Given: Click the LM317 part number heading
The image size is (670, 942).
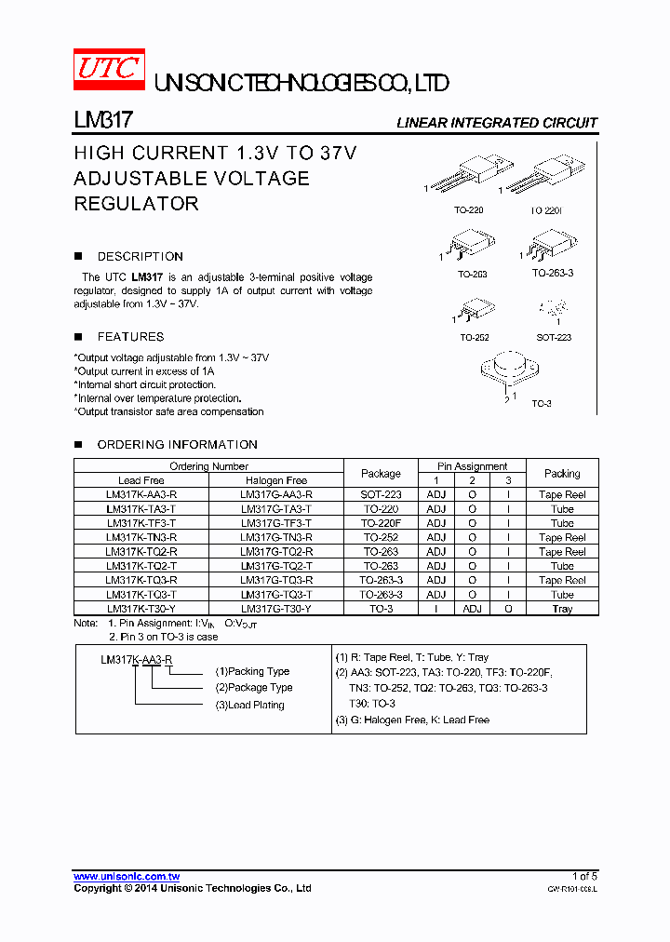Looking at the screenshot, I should (104, 122).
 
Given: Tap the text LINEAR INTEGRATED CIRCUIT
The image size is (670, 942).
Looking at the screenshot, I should (496, 123).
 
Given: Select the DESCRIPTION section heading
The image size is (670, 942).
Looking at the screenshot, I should (140, 256).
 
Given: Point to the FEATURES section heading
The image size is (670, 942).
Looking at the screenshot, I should (130, 337).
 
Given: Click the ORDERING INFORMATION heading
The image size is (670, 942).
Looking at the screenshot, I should (177, 445).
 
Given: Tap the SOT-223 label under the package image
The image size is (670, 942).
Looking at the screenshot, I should (554, 338).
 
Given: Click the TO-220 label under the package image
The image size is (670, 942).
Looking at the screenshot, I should (468, 210).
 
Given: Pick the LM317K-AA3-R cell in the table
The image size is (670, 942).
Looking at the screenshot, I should (141, 495).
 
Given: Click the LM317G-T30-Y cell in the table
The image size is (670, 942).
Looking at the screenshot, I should (275, 609).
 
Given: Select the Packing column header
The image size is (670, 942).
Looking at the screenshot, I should (562, 473).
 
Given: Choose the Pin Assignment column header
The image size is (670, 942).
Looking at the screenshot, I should (473, 466).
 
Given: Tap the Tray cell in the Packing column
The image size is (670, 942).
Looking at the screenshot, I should (562, 609).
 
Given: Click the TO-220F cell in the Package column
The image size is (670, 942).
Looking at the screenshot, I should (381, 523).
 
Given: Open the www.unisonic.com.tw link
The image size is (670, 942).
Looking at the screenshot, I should (127, 876).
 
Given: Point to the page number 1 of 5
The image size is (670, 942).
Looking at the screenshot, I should (584, 876).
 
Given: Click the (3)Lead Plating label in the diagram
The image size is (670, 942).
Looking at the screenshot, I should (249, 705).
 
